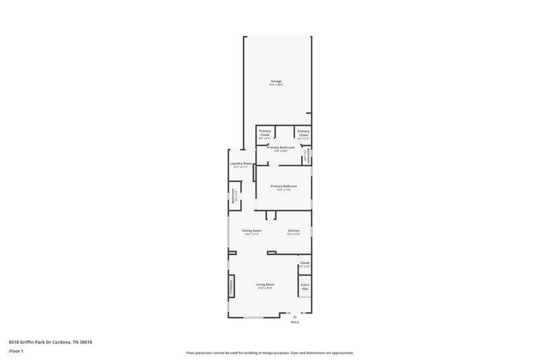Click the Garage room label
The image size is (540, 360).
click(x=276, y=81)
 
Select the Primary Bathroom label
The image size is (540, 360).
click(x=281, y=147)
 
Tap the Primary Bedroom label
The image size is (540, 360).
click(x=283, y=186)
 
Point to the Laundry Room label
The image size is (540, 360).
click(x=241, y=163)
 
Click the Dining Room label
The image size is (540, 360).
click(x=252, y=230)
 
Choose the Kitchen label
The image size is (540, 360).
click(x=293, y=230)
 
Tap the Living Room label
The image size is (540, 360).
click(x=265, y=284)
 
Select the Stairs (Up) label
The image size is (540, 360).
click(x=305, y=286)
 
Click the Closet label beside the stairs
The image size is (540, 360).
click(x=305, y=263)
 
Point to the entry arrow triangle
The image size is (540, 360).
click(x=294, y=316)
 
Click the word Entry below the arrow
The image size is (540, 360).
click(x=294, y=322)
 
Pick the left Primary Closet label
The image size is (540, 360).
click(x=265, y=132)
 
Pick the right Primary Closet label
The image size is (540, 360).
click(x=304, y=132)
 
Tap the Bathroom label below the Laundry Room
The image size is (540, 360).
click(x=234, y=195)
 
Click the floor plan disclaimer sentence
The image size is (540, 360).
click(x=269, y=353)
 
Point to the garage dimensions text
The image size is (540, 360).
click(x=276, y=85)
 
